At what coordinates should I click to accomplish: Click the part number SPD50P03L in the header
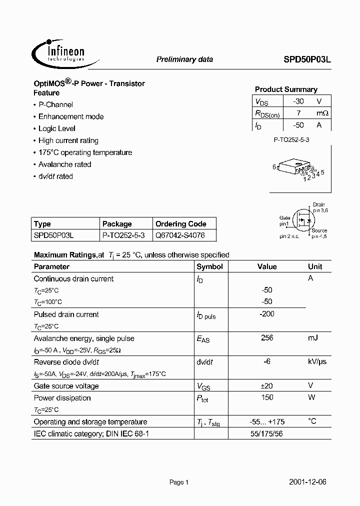tap(304, 59)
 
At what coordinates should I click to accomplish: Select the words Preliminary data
tap(184, 59)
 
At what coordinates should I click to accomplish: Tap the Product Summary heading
tap(286, 89)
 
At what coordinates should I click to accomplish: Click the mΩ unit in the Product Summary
tap(322, 113)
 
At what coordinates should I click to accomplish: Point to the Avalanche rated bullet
tap(65, 164)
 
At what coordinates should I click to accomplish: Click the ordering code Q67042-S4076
tap(179, 235)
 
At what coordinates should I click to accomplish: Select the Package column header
tap(117, 224)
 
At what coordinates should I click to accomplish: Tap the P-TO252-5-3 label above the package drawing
tap(291, 140)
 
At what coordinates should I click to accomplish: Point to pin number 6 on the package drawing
tap(274, 167)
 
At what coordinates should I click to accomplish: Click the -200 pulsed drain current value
tap(267, 314)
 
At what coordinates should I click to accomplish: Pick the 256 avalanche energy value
tap(267, 338)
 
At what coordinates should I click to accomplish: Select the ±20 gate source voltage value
tap(267, 385)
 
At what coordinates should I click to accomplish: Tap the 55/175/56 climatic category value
tap(267, 433)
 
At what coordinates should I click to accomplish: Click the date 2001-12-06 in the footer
tap(308, 482)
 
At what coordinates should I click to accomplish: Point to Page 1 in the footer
tap(179, 482)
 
